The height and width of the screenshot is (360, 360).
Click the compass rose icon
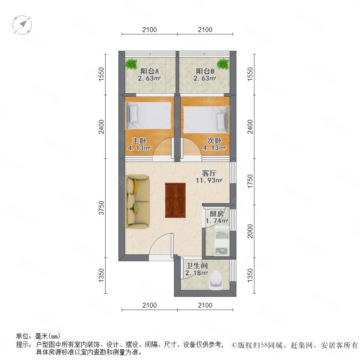(22, 25)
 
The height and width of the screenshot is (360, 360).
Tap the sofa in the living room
(138, 201)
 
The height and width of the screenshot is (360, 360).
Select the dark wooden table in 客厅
(176, 200)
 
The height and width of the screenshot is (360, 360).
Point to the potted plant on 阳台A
(132, 64)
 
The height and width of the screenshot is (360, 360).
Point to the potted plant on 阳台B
(223, 64)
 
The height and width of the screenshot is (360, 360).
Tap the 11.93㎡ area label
(209, 180)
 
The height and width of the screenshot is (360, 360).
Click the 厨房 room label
(216, 214)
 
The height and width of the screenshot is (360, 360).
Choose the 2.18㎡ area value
(197, 273)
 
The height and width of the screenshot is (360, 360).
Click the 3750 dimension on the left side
(101, 208)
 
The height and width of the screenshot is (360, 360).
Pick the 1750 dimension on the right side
(250, 181)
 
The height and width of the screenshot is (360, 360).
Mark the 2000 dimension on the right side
(250, 231)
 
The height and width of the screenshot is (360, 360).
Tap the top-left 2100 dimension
(150, 30)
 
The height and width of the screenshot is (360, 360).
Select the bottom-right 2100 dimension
(205, 305)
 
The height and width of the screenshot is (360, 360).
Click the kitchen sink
(222, 235)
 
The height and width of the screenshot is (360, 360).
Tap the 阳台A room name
(150, 71)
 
